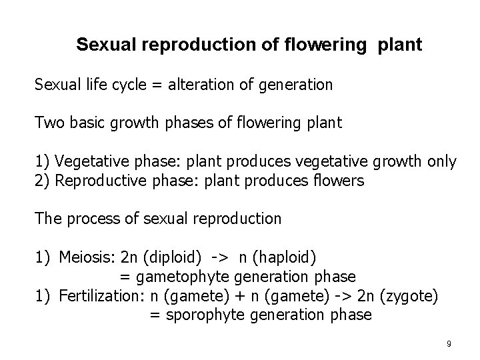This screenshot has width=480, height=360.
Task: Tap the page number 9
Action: point(449,343)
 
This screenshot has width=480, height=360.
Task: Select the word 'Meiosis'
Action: point(85,257)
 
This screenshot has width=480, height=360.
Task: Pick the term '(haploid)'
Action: point(291,257)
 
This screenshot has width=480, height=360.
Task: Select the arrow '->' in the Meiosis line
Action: point(223,257)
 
